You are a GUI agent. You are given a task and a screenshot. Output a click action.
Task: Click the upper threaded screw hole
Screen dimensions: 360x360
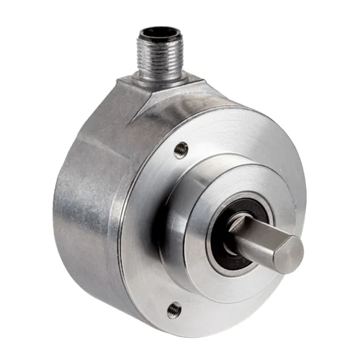[181, 150]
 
